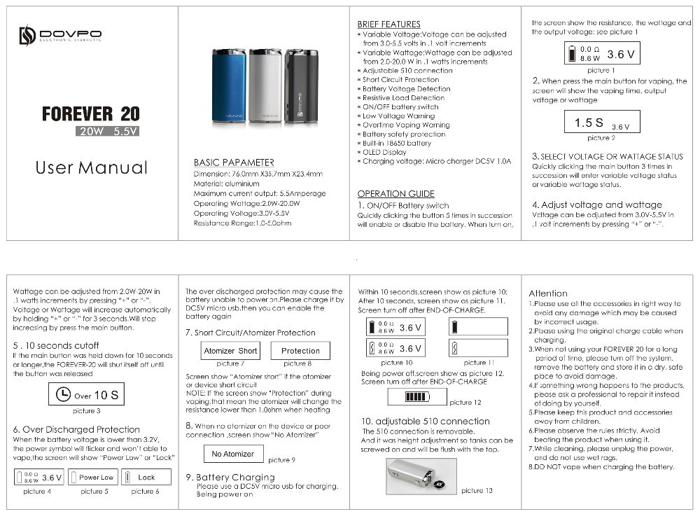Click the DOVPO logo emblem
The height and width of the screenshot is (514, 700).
point(27,35)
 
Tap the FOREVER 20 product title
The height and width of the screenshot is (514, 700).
point(90,113)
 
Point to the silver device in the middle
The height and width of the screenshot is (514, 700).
point(265,87)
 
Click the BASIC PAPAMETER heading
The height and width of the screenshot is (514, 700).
point(234,162)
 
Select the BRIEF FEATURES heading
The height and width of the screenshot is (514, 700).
point(388,25)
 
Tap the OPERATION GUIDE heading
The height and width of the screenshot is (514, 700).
point(395,194)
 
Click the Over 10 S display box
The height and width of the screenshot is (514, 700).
point(87,395)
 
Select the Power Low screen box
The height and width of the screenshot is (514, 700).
point(96,478)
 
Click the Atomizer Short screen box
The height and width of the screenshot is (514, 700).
point(230,351)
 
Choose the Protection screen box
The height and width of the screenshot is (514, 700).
point(300,351)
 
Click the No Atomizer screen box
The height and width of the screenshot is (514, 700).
point(233,454)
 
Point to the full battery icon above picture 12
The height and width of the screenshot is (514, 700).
point(416,396)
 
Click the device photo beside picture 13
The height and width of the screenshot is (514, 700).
point(421,477)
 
